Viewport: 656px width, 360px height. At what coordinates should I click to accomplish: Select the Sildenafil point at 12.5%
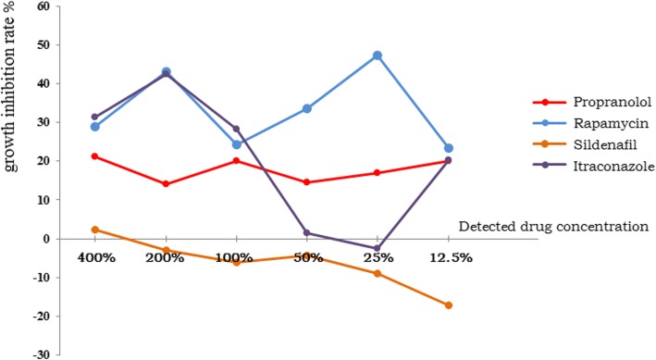(x=449, y=305)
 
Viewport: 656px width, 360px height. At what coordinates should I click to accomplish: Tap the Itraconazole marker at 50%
(x=306, y=233)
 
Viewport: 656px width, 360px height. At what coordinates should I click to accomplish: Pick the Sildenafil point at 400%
(x=94, y=230)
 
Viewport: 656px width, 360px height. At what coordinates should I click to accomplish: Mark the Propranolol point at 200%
(x=166, y=184)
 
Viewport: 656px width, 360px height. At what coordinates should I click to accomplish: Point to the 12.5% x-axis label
(x=449, y=257)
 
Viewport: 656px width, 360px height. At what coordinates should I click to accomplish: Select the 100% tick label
(x=236, y=257)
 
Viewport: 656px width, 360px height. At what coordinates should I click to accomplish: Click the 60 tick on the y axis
(x=43, y=6)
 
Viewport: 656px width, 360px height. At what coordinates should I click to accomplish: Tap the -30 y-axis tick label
(x=39, y=354)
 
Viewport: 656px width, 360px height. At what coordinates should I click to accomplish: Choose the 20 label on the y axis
(x=43, y=161)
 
